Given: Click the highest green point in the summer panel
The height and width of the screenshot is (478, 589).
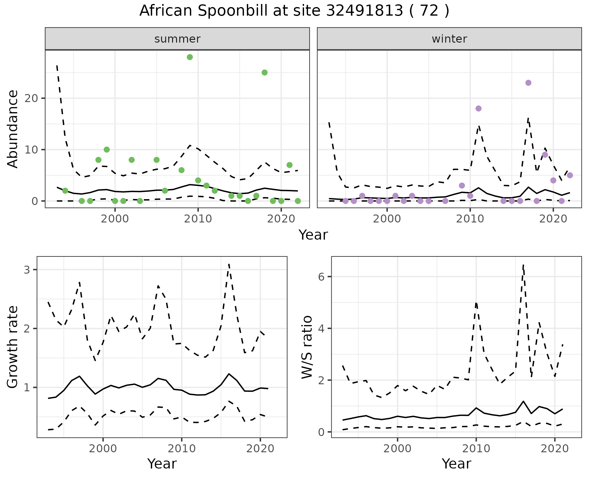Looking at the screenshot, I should pos(190,57).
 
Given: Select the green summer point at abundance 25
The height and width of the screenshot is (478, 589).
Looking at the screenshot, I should pos(264,73).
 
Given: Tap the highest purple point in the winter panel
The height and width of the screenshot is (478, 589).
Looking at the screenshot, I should pos(528,83).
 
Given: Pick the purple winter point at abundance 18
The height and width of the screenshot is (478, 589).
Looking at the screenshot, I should pos(478,108).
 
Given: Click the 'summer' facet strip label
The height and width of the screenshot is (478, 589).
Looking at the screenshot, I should pos(177,39).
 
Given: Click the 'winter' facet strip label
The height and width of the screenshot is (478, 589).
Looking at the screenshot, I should pos(449,39).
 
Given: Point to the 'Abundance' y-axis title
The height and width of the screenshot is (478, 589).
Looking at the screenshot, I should pos(13,129).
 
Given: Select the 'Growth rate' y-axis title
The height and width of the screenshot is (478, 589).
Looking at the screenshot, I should pos(13,347).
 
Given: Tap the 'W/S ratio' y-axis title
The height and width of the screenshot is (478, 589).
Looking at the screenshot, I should pos(307,347).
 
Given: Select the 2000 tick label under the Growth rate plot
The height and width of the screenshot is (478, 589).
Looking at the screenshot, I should pos(103,449).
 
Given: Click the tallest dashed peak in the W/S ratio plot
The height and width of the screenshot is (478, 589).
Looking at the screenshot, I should pos(523,265).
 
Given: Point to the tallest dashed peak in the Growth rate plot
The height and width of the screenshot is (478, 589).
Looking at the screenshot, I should pos(229,264).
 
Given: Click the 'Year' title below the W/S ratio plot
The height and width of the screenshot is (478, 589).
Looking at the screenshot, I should pos(456,464).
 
